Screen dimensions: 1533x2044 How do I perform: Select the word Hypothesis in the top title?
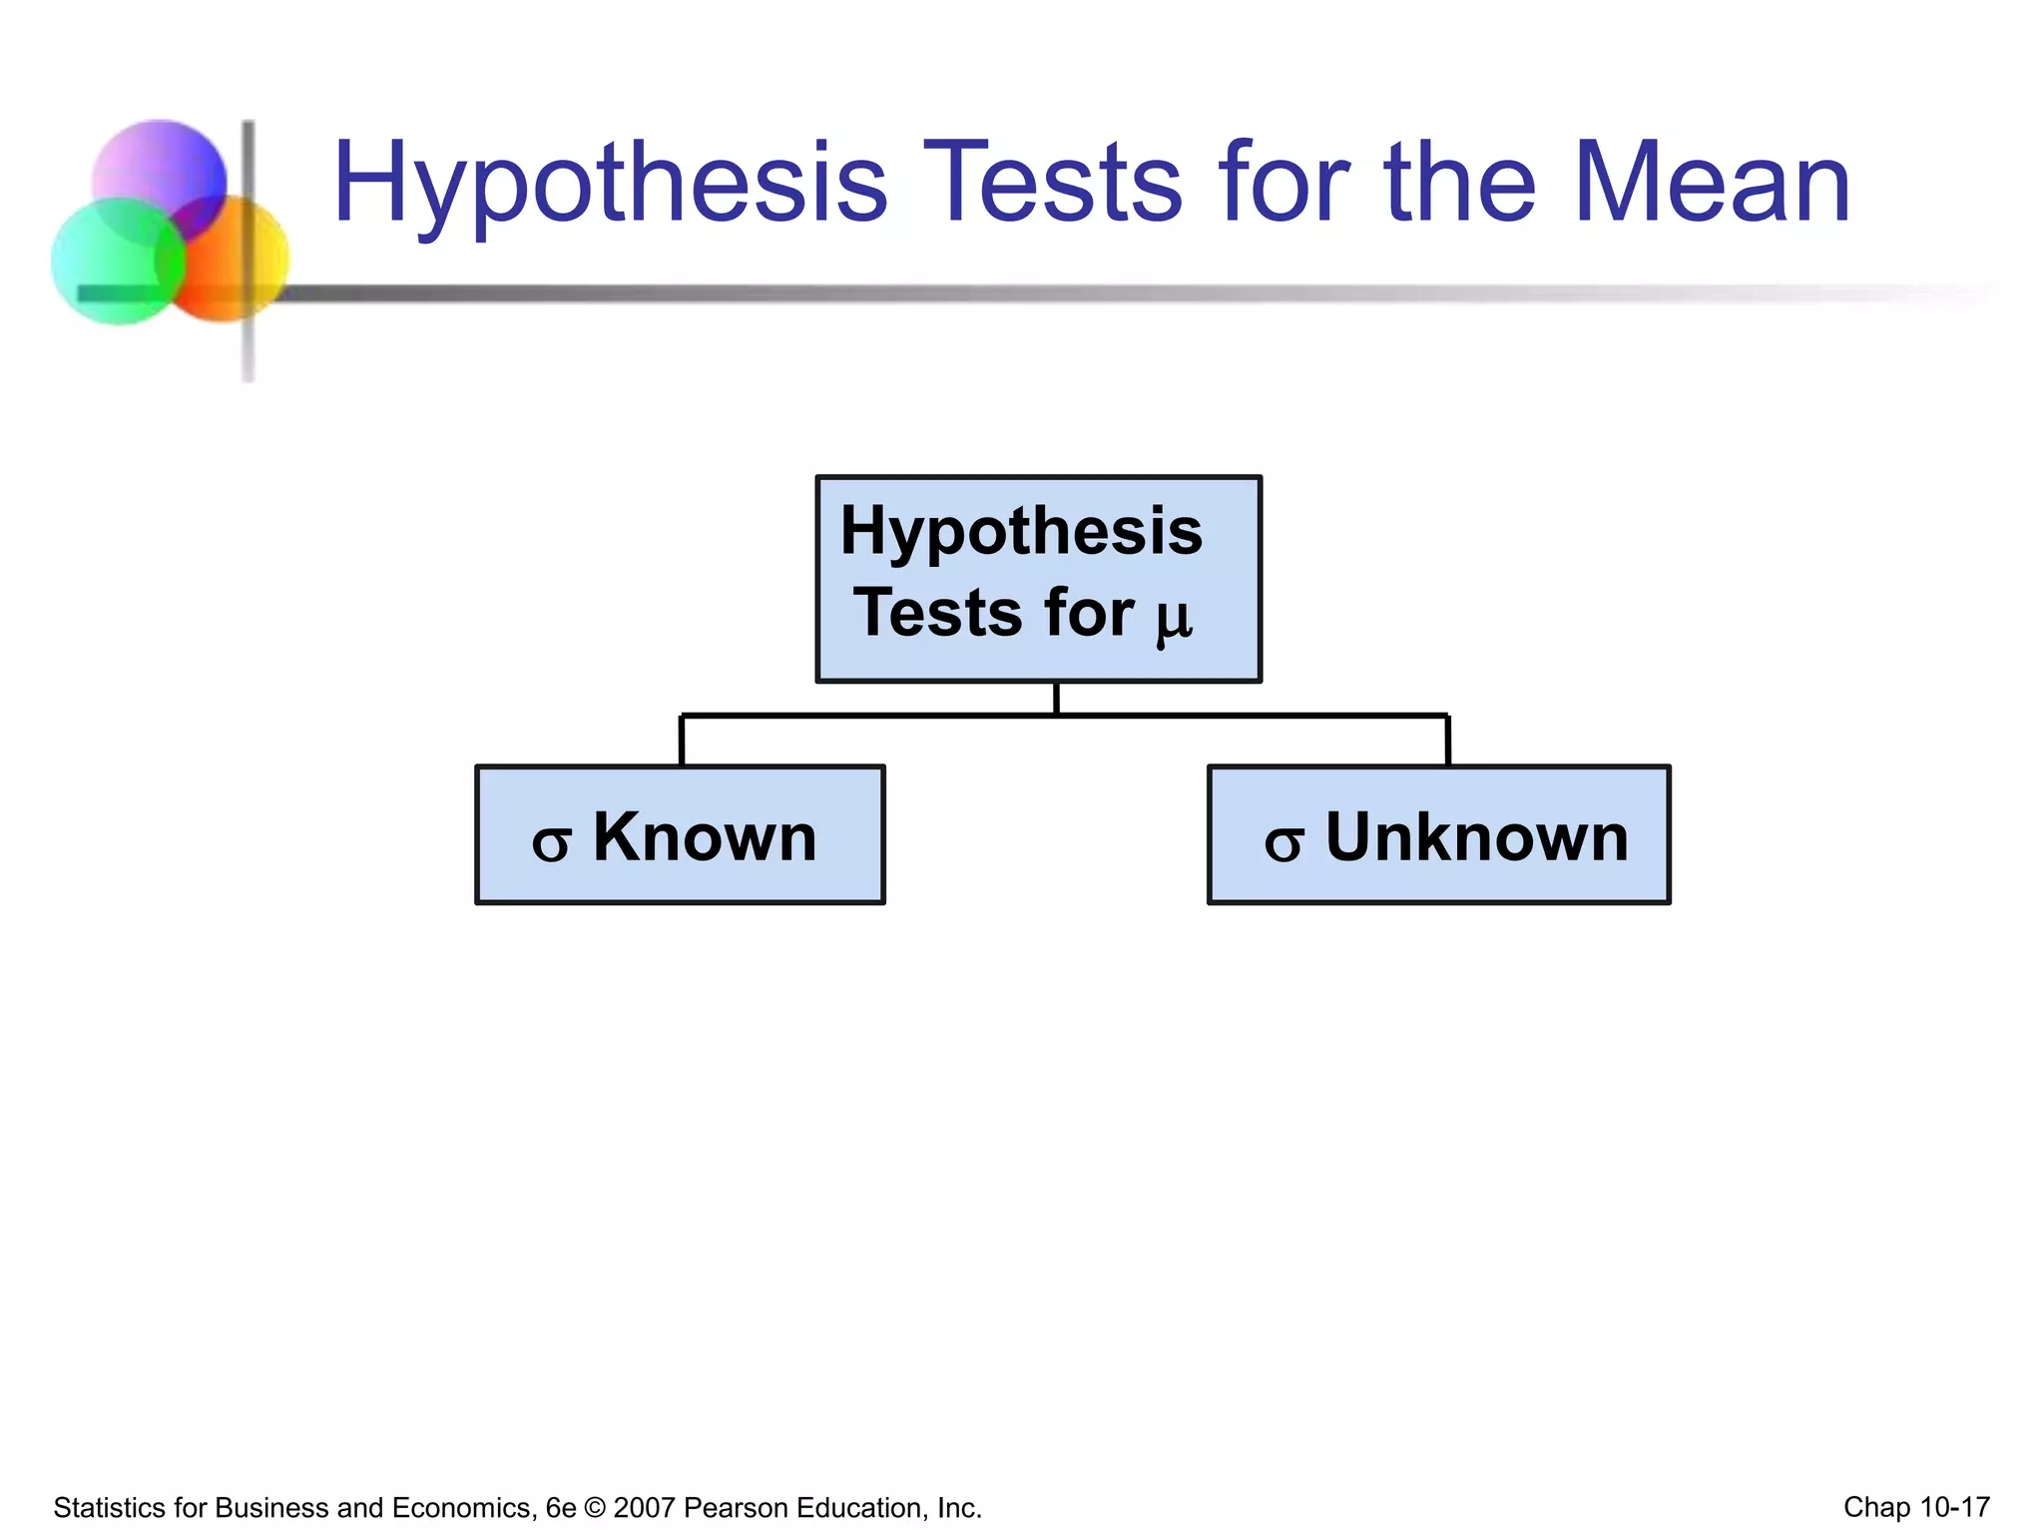(x=610, y=185)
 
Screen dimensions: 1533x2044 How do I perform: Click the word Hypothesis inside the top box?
(x=1021, y=531)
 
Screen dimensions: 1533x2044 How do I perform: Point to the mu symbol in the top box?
(x=1174, y=619)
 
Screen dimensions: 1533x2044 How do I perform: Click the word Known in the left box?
(x=705, y=836)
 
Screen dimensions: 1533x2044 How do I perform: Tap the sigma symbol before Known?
(x=551, y=843)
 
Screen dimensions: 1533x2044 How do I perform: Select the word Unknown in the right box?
(x=1476, y=836)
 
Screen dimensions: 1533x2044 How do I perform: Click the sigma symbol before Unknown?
(x=1283, y=843)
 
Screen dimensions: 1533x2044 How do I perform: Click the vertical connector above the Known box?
(x=682, y=741)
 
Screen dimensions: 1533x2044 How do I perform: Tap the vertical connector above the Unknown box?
(x=1447, y=741)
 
